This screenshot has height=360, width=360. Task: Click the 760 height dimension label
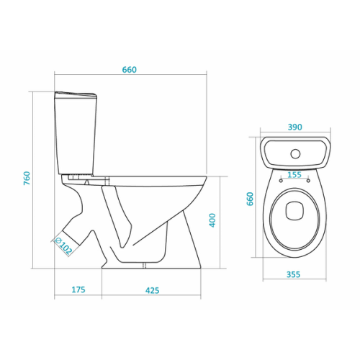27,178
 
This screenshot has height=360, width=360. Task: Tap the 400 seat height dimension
212,220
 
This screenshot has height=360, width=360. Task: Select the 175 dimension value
78,289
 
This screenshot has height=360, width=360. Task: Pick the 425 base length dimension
152,290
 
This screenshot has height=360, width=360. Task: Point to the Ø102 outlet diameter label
63,246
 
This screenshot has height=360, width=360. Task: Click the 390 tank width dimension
294,127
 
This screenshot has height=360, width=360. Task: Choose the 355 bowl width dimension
293,274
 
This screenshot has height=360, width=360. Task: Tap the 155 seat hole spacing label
294,174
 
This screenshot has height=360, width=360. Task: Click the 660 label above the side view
130,70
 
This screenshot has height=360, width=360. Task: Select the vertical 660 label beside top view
250,199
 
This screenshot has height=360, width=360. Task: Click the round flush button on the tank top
295,154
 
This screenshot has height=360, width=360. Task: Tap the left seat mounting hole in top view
281,181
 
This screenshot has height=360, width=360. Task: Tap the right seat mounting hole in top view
308,181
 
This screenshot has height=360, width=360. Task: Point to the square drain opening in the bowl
295,210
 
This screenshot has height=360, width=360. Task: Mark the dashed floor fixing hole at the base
144,266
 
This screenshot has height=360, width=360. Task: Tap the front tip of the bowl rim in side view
206,177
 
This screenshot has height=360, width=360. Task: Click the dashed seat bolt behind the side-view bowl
107,181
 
